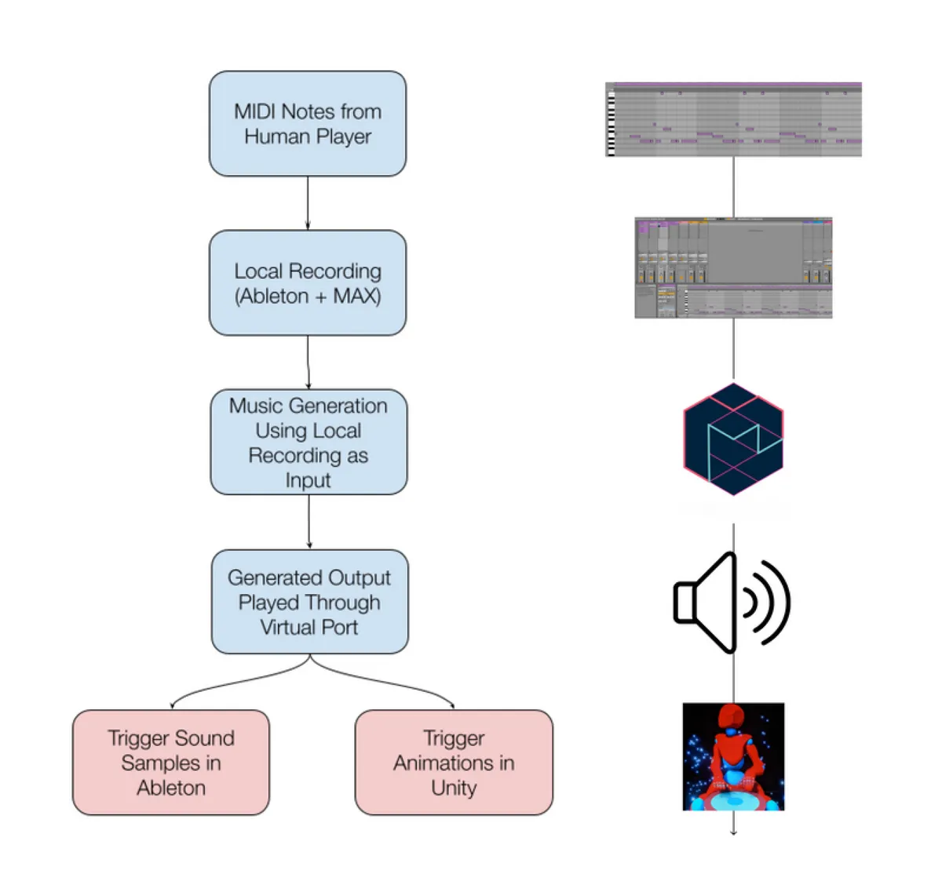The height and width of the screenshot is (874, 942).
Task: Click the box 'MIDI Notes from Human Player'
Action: click(x=308, y=124)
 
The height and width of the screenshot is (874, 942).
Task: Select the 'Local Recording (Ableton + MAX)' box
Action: click(x=308, y=283)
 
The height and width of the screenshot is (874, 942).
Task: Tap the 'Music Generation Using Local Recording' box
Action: click(x=309, y=442)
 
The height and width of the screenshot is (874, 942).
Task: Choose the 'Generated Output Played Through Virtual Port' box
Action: click(x=309, y=602)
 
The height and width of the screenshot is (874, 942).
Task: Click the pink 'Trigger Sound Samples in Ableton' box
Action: click(x=171, y=762)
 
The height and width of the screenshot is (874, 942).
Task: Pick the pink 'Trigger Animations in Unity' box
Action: click(x=454, y=762)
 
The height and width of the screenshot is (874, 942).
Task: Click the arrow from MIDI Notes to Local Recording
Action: click(x=308, y=203)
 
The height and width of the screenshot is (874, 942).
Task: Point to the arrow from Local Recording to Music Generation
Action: click(x=308, y=362)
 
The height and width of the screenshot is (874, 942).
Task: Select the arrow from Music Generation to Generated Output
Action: click(x=309, y=522)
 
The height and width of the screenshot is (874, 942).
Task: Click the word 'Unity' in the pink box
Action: click(x=454, y=788)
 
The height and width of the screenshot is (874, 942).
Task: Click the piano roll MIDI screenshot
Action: click(x=733, y=119)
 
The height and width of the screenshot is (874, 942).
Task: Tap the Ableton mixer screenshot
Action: click(x=733, y=268)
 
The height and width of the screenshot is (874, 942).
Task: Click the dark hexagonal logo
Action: click(x=733, y=439)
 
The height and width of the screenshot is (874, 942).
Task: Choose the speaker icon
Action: click(x=732, y=603)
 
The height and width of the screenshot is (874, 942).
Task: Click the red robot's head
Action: click(x=732, y=716)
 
